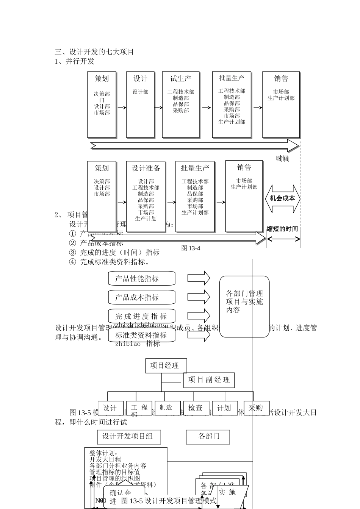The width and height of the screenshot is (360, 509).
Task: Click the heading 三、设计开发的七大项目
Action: pos(94,52)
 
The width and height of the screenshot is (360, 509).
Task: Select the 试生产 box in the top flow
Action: pos(181,104)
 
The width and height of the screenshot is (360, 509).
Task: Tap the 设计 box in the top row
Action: pos(140,104)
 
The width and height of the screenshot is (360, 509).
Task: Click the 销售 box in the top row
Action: pos(281,104)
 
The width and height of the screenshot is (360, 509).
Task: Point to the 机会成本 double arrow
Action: pos(282,198)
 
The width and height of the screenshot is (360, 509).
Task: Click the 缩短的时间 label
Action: pos(282,229)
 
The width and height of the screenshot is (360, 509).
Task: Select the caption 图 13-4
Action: pos(191,248)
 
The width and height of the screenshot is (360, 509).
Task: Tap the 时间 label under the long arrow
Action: pos(282,158)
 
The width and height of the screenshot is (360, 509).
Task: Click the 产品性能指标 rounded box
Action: pos(142,278)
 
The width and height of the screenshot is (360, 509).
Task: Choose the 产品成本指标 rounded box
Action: pos(142,297)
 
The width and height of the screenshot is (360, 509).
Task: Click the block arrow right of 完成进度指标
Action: pos(199,315)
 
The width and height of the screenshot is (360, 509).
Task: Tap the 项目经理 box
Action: pos(166,365)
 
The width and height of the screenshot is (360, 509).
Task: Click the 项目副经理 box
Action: pos(209,380)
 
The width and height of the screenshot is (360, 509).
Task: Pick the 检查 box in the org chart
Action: pos(196,408)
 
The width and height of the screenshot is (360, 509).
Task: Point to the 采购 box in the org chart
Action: pos(256,408)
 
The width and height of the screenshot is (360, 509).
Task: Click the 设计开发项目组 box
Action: pos(129,437)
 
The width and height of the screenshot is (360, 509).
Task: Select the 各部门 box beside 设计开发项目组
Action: pos(208,437)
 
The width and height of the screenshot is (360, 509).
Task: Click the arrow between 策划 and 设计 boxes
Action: pos(121,108)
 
